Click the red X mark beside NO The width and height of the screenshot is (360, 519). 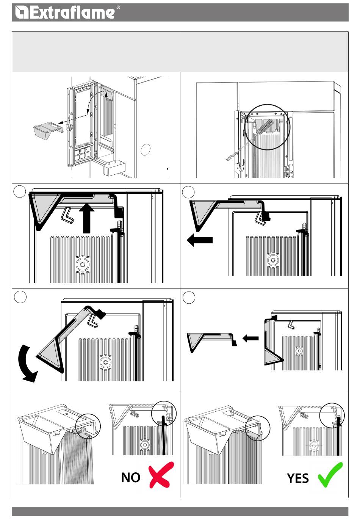pyautogui.click(x=161, y=475)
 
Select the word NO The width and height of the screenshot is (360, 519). pyautogui.click(x=131, y=477)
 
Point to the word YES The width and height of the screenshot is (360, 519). pyautogui.click(x=297, y=478)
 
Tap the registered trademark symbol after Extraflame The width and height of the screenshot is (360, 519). pyautogui.click(x=118, y=7)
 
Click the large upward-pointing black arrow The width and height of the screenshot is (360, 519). pyautogui.click(x=87, y=218)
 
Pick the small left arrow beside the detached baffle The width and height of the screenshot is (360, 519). pyautogui.click(x=250, y=338)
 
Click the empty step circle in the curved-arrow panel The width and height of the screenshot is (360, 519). pyautogui.click(x=20, y=297)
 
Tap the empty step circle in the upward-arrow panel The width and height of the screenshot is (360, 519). pyautogui.click(x=20, y=191)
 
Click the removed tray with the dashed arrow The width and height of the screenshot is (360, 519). pyautogui.click(x=47, y=131)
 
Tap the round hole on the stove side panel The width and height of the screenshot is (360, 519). pyautogui.click(x=145, y=149)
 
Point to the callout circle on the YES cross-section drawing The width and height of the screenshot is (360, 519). pyautogui.click(x=332, y=415)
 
